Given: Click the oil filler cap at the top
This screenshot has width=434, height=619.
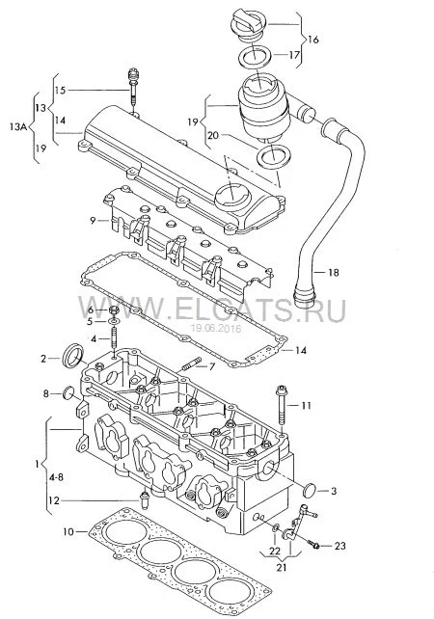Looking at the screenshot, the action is point(249,24).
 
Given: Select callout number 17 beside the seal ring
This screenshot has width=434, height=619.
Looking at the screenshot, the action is point(294,54).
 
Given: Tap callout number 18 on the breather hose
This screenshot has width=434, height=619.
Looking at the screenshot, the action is point(334,272).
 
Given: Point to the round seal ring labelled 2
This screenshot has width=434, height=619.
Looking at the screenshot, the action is point(74,356).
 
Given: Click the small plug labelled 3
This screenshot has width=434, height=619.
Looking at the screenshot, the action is point(310,490).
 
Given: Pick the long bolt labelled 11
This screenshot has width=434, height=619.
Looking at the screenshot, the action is point(282,406).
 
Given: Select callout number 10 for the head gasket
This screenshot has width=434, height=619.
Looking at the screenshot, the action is point(68,532).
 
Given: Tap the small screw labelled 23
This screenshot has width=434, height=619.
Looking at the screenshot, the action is point(315,546).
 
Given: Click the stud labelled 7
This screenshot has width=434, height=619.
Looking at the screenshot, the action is point(192,364).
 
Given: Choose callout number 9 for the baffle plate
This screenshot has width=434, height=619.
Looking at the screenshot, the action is point(93,220).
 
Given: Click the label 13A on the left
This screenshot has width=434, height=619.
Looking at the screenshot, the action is point(17,126).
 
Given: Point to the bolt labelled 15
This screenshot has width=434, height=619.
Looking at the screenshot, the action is point(133,87).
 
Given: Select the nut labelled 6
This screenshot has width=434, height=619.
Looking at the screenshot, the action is point(113,310).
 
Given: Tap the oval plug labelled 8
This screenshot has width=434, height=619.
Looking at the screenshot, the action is point(68,392).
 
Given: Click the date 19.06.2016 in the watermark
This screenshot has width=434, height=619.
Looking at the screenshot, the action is point(216,328).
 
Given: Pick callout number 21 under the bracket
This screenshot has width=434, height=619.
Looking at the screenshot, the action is point(282,568).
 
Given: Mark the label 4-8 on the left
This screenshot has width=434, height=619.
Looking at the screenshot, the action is point(56,477).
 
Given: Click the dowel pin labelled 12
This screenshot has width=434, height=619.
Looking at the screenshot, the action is point(145,499).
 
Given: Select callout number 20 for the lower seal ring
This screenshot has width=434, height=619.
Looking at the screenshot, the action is point(213,135).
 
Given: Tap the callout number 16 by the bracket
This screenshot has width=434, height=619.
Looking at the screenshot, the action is point(312,40).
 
